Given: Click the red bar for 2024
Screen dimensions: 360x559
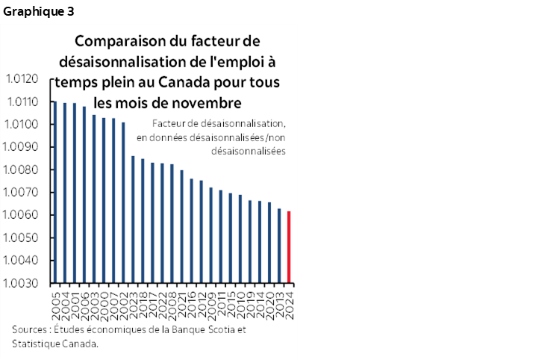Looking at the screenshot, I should pos(289,247).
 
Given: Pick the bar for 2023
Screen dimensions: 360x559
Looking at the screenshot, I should pos(133,220).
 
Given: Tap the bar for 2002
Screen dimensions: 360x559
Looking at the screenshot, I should pos(123,202).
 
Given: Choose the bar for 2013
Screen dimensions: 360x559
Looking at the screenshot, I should pos(279,246).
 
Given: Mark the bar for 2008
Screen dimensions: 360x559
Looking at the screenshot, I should pos(172,223).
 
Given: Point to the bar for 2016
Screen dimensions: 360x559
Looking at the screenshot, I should pos(192,231).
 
